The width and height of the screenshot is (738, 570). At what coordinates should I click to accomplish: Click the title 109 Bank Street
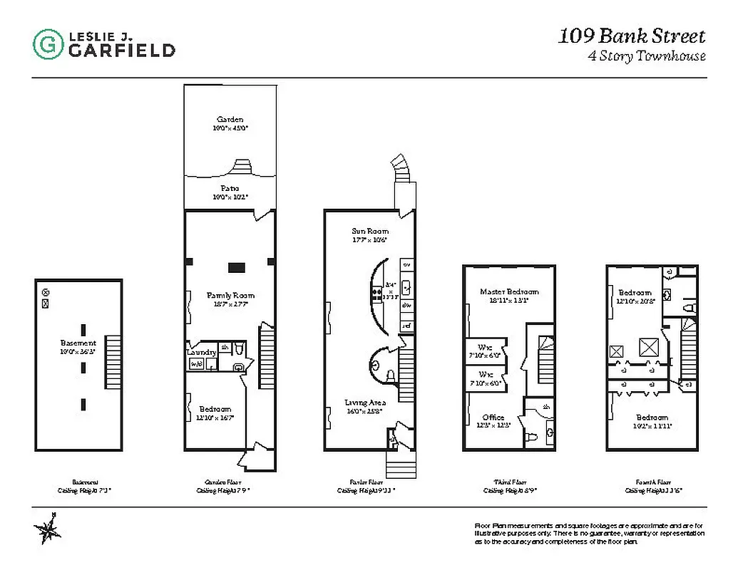tap(631, 36)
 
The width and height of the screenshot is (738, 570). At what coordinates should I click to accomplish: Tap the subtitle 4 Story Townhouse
tap(646, 56)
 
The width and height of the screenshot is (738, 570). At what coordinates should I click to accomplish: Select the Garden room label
tap(230, 119)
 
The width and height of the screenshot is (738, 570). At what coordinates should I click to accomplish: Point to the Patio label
tap(230, 188)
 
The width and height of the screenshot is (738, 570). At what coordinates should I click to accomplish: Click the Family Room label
tap(230, 295)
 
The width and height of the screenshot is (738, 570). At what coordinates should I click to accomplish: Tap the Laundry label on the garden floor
tap(202, 352)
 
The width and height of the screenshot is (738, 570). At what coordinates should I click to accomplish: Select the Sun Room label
tap(369, 231)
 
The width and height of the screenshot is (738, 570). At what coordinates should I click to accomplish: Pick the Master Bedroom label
tap(509, 291)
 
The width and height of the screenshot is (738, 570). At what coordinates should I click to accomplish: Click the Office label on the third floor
tap(493, 418)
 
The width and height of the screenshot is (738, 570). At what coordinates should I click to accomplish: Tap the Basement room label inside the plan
tap(78, 343)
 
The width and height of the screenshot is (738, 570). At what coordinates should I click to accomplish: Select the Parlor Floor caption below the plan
tap(366, 482)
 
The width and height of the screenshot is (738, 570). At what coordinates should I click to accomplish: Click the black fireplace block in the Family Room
tap(237, 267)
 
